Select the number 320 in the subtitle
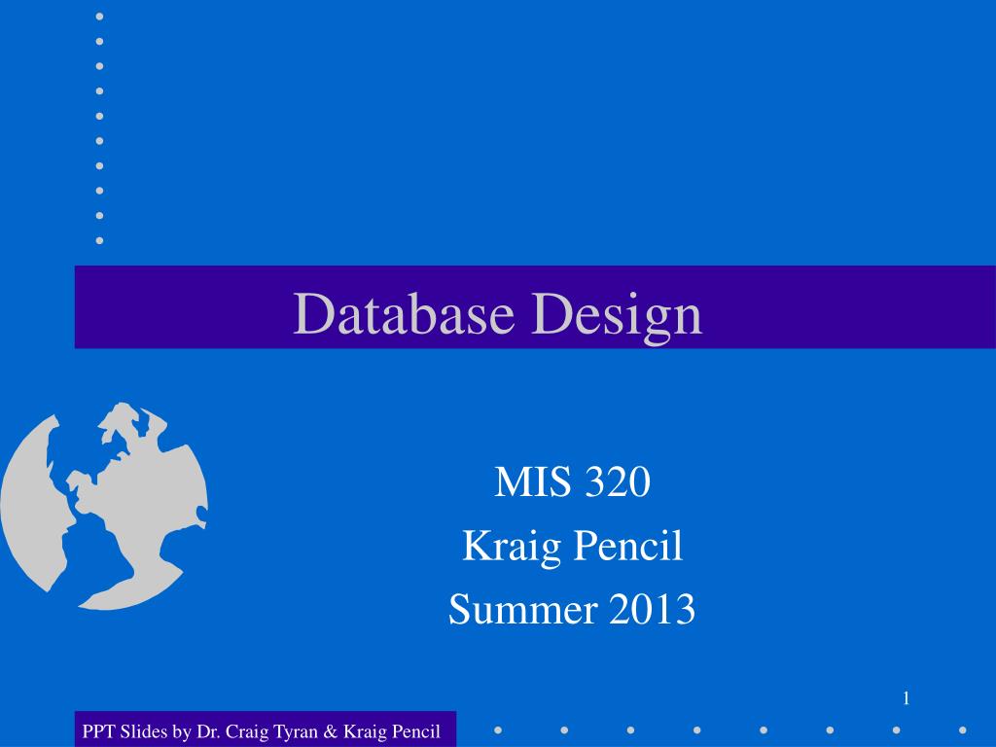pos(616,482)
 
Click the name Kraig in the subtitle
pos(510,548)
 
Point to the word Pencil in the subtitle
pos(627,547)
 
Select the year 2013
pos(653,610)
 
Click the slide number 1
pos(906,697)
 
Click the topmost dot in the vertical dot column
pos(99,17)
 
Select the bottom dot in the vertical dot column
pos(99,240)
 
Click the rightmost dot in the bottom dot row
pos(962,729)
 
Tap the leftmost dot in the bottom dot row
pos(497,729)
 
